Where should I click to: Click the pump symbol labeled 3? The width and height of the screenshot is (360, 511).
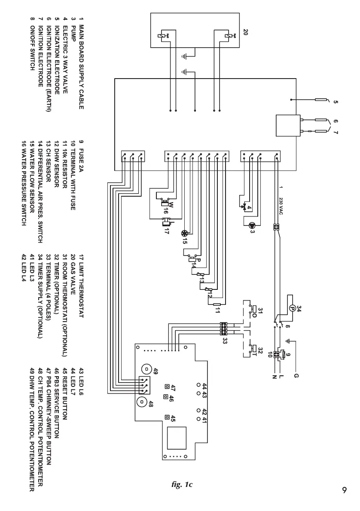252,225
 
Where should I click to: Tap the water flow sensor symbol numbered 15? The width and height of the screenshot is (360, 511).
184,234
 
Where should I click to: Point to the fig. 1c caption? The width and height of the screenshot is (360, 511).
182,485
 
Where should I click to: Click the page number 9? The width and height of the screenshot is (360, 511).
345,490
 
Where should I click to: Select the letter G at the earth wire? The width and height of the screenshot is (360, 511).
296,376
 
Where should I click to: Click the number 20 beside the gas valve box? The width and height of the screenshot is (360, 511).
245,32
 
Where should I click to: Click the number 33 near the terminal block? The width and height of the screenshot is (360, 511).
225,341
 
